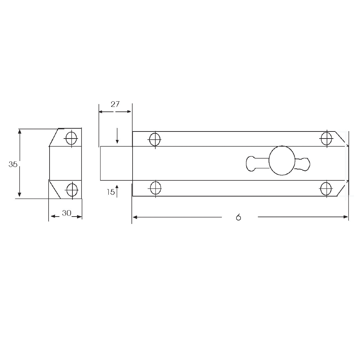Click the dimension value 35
tap(13, 165)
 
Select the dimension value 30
tap(66, 213)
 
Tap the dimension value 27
tap(115, 104)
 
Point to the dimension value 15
tap(111, 192)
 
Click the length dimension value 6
tap(239, 217)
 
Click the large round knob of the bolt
tap(282, 160)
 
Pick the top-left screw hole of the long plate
tap(155, 139)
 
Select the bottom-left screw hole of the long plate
tap(155, 188)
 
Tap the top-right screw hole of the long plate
tap(326, 139)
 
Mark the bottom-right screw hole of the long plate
tap(326, 188)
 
